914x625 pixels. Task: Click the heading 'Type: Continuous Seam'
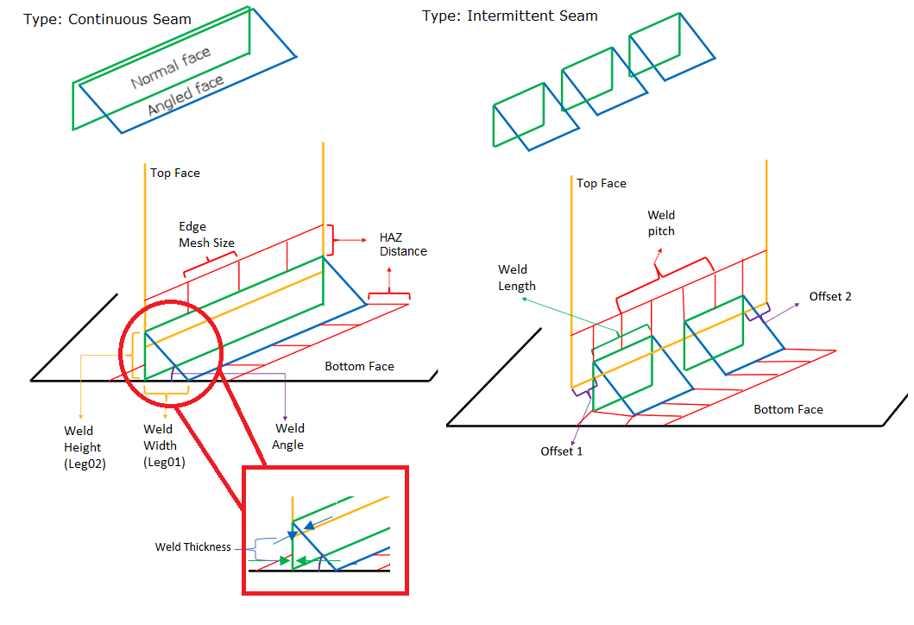tap(108, 18)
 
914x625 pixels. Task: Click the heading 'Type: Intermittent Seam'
tap(509, 16)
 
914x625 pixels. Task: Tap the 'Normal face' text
tap(170, 68)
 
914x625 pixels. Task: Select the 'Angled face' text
tap(185, 95)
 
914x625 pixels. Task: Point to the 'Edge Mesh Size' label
tap(206, 235)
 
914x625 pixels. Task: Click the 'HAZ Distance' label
tap(403, 244)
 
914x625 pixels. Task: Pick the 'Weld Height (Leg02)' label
tap(83, 447)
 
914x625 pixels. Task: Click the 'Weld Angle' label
tap(289, 436)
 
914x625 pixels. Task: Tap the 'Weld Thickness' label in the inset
tap(193, 546)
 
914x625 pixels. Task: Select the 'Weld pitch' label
tap(661, 223)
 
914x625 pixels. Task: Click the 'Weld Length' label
tap(517, 277)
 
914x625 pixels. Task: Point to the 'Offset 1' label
tap(562, 451)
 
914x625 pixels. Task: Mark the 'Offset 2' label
tap(830, 296)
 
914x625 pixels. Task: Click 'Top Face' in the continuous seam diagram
tap(175, 173)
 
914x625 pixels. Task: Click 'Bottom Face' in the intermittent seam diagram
tap(788, 409)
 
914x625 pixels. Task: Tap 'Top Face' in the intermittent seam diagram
tap(602, 183)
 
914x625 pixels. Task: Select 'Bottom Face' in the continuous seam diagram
tap(359, 366)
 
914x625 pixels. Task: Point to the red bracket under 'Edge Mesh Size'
tap(211, 262)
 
